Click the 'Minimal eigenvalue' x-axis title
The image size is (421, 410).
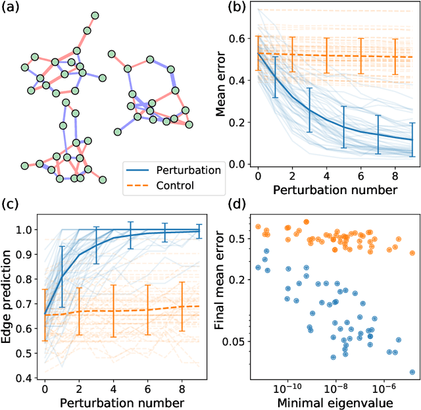336,401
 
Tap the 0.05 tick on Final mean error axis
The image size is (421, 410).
235,341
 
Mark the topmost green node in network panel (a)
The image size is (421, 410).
95,15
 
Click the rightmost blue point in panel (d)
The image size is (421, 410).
412,372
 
